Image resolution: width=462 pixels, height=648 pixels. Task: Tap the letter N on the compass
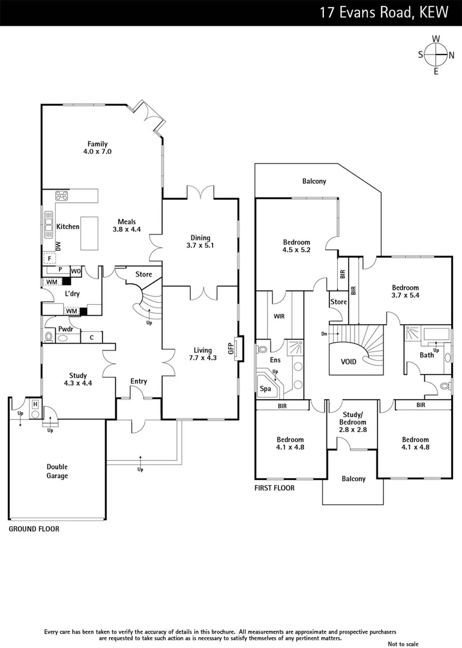tap(451, 55)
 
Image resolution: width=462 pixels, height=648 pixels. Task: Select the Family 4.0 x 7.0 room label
tap(97, 148)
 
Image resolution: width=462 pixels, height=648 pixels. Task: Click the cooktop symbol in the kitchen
tap(61, 195)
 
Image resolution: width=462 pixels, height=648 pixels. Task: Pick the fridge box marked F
tap(49, 258)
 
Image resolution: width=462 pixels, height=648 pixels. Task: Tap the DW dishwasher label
tap(58, 247)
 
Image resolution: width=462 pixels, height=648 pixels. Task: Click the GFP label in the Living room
tap(230, 349)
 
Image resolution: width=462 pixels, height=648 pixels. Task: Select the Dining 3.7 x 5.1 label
tap(200, 241)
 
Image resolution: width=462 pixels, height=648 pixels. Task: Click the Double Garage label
tap(57, 471)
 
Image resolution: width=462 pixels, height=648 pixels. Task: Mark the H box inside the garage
tap(35, 404)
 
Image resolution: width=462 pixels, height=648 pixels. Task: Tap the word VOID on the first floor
tap(349, 362)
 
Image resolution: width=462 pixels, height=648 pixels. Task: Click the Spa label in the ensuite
tap(265, 389)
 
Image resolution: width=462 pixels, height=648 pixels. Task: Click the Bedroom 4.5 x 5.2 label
tap(296, 246)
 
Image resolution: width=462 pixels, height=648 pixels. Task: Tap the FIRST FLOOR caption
tap(274, 488)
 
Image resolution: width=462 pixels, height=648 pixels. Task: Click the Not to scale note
tap(403, 644)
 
